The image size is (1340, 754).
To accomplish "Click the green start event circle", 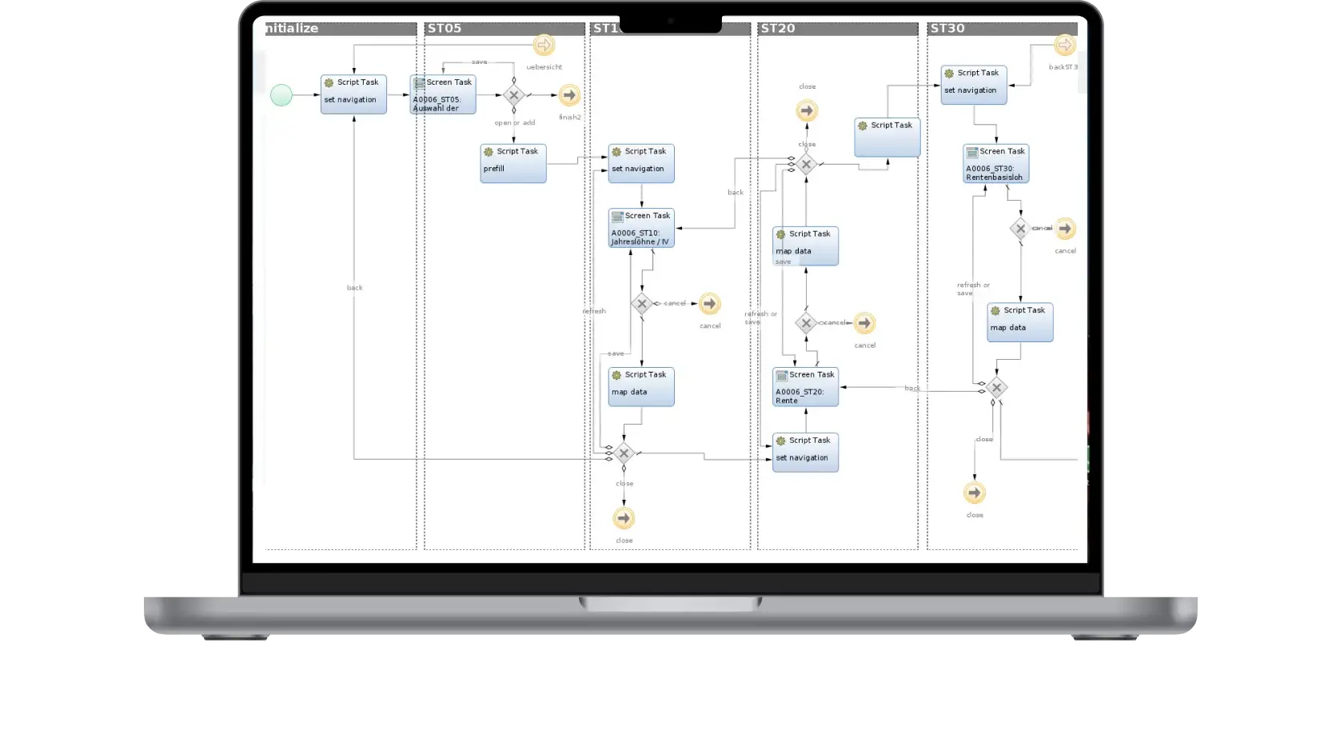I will point(281,95).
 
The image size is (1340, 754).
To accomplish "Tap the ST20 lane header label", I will point(778,29).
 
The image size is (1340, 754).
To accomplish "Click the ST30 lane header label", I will point(947,29).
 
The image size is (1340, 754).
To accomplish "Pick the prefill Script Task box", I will point(513,163).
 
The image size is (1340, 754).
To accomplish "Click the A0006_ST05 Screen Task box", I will point(443,95).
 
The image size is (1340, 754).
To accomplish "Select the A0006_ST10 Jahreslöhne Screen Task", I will point(641,228).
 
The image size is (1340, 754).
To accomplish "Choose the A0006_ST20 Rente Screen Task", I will point(805,387).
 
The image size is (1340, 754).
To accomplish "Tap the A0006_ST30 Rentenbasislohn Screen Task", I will point(995,164).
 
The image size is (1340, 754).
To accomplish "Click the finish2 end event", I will point(569,95).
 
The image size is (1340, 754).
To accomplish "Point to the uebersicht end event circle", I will point(544,45).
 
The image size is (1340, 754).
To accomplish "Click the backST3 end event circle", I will point(1064,45).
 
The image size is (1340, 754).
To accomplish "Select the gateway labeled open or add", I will point(513,95).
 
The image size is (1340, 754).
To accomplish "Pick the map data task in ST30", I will point(1019,322).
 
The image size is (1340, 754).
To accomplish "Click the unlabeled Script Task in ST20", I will point(887,138).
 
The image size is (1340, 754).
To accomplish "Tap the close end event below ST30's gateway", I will point(974,493).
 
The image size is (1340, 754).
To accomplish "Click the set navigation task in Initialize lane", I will point(353,94).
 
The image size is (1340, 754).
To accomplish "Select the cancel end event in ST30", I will point(1064,229).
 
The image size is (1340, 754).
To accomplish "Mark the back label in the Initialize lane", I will point(354,288).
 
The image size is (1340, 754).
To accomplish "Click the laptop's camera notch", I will point(671,22).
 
